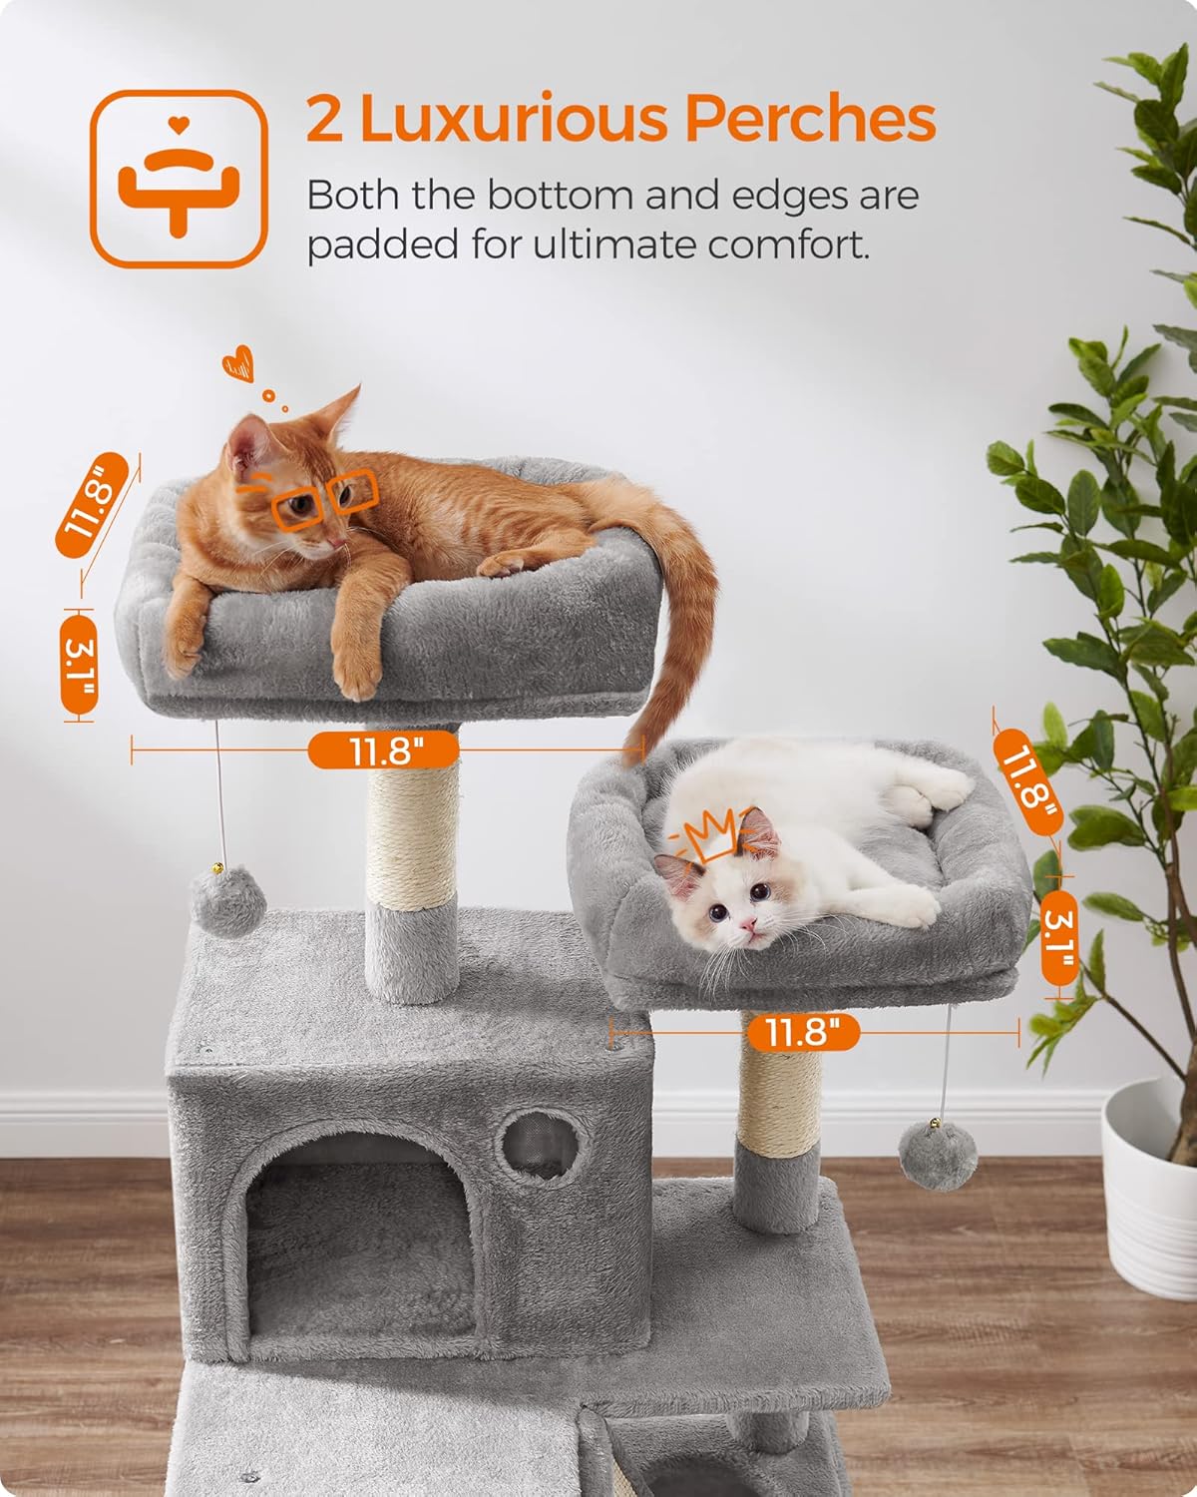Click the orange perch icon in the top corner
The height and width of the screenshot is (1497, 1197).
pos(180,180)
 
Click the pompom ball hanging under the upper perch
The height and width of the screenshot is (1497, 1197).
pos(227,903)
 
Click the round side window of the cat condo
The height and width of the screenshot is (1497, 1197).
pos(540,1140)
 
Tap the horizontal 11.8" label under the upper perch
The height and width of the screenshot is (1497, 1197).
pos(382,749)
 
